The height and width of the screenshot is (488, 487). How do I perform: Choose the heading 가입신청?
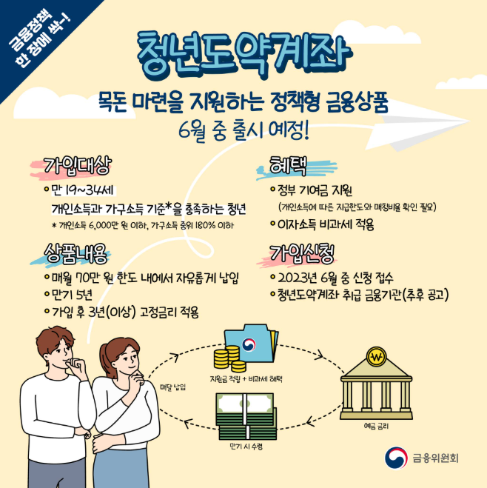[x=300, y=252]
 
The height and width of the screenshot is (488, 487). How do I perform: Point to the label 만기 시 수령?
[x=246, y=447]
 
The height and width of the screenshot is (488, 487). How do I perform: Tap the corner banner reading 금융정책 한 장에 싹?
[x=38, y=39]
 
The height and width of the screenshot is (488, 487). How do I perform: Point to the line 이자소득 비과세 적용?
[x=326, y=224]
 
